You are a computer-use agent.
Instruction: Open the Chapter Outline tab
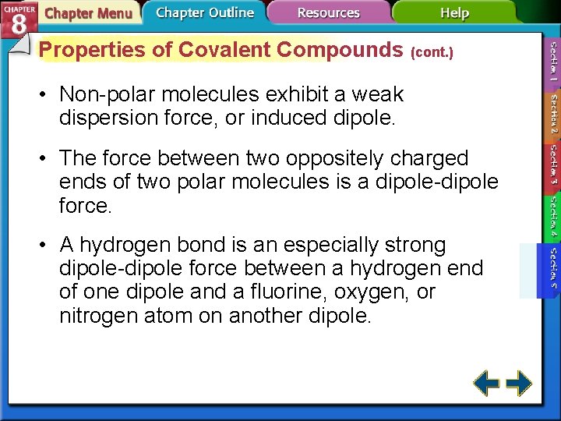[204, 12]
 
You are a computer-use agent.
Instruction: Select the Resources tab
[329, 12]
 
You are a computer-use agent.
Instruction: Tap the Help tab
[454, 12]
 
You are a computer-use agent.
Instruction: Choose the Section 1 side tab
[552, 63]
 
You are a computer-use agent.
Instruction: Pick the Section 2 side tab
[552, 115]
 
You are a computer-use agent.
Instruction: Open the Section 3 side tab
[552, 166]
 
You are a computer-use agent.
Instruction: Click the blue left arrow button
[487, 383]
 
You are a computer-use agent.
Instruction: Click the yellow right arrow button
[519, 383]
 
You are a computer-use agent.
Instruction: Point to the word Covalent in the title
[226, 50]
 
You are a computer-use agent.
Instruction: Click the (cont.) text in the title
[431, 52]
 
